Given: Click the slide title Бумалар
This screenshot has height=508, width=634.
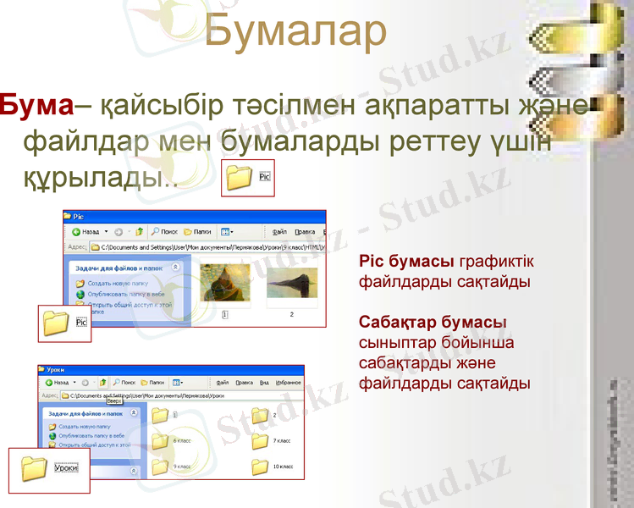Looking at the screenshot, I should tap(295, 31).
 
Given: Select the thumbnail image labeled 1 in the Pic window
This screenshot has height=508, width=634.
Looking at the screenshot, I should tap(223, 284).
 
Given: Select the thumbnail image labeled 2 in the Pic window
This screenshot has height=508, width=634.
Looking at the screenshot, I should tap(291, 284).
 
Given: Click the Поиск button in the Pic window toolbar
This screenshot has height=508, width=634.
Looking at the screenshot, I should tap(164, 231).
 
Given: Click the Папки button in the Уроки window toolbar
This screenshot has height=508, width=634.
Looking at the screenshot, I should tap(152, 383).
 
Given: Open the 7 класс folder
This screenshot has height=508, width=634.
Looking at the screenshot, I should tap(260, 441).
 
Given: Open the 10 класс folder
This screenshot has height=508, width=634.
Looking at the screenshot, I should tap(260, 467).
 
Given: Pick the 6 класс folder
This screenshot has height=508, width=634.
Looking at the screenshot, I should tap(160, 441).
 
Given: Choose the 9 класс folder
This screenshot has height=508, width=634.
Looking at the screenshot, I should tap(160, 467).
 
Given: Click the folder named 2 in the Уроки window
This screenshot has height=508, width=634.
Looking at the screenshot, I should tap(260, 415).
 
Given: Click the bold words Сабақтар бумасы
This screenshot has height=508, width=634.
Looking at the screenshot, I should tap(433, 323).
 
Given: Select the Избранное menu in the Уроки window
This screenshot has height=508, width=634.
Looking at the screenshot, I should tap(288, 383).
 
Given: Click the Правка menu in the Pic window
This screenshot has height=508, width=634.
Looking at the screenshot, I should tap(306, 231).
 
